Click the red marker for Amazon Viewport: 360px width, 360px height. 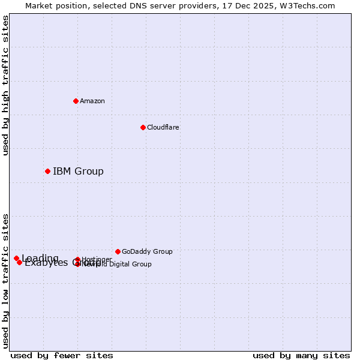click(76, 101)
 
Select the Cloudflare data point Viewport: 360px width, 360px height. click(143, 127)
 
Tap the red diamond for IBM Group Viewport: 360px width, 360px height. click(47, 171)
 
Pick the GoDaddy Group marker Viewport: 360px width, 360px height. click(118, 251)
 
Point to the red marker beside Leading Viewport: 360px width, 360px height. click(16, 258)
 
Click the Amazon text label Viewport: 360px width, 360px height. click(92, 101)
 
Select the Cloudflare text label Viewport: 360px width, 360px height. click(163, 127)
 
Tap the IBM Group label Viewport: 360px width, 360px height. click(78, 172)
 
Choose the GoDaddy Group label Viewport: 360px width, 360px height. click(147, 251)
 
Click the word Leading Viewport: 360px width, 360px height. click(40, 258)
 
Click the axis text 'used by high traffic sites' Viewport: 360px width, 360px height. click(5, 85)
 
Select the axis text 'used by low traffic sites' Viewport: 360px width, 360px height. click(5, 280)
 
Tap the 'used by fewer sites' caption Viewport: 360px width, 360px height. click(62, 355)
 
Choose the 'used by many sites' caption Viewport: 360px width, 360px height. click(301, 355)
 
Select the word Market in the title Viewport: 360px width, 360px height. click(39, 5)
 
